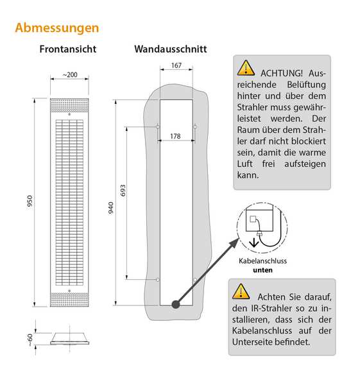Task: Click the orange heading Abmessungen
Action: (57, 28)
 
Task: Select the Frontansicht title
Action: (68, 49)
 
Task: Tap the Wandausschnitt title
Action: (171, 49)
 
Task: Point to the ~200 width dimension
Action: (70, 74)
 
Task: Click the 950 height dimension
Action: (30, 201)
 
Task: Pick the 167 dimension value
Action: (176, 65)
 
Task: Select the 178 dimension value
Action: (175, 136)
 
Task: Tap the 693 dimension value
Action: (123, 191)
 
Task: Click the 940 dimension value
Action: (111, 208)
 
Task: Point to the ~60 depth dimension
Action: (30, 340)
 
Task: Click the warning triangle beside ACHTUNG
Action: (246, 68)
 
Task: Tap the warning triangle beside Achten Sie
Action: (241, 291)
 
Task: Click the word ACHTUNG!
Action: (282, 73)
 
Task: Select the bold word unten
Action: (262, 270)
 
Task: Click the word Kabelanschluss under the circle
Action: (262, 261)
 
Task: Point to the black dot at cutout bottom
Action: (176, 304)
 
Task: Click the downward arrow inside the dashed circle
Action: (253, 243)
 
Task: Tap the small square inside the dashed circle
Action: (253, 219)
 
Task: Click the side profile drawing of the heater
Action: (69, 339)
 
